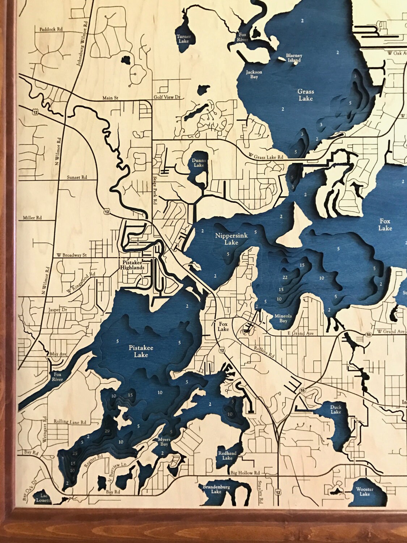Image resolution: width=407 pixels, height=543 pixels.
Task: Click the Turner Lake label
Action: [x=183, y=39]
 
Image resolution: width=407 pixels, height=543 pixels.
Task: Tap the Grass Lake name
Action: [x=305, y=95]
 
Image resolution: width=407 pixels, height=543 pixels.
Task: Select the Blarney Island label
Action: [x=294, y=58]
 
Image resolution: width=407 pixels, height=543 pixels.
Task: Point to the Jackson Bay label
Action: [x=254, y=74]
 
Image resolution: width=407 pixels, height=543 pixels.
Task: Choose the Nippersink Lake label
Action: [x=231, y=239]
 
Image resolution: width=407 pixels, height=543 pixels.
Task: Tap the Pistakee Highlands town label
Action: [x=133, y=265]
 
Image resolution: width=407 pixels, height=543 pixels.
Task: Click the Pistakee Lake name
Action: [x=141, y=352]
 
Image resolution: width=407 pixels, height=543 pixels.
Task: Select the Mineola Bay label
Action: [x=283, y=318]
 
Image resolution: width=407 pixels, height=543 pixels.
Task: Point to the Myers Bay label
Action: [x=164, y=442]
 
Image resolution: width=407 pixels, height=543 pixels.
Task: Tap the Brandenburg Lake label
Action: [x=216, y=489]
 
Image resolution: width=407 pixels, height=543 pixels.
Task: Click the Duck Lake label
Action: [x=336, y=409]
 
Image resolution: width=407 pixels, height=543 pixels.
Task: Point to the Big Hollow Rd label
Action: [x=245, y=473]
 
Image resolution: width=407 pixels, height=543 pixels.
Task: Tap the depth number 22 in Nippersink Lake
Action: [x=285, y=278]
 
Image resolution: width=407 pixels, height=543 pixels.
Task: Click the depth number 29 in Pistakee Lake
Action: [x=106, y=431]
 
